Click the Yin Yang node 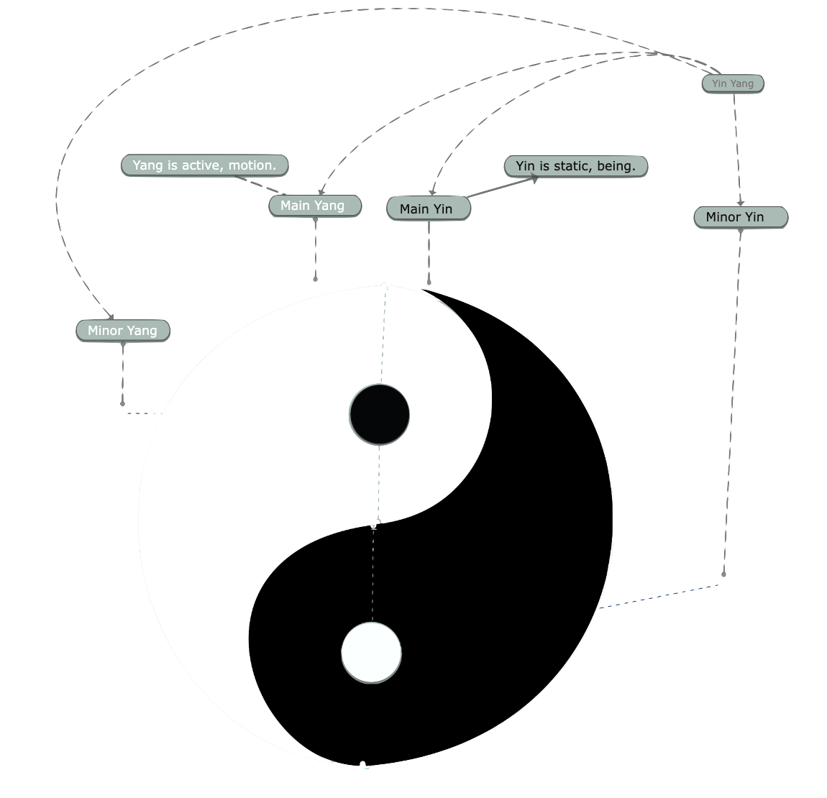tap(732, 83)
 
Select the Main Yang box tap(314, 206)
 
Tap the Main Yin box tap(428, 208)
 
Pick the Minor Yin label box tap(740, 217)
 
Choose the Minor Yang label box tap(123, 331)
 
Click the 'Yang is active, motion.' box tap(204, 165)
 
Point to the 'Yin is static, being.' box tap(575, 166)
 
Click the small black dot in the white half tap(379, 415)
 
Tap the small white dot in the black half tap(371, 653)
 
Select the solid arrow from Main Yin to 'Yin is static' tap(501, 188)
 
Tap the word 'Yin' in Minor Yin tap(754, 217)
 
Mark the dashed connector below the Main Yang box tap(315, 248)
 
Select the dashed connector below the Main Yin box tap(429, 252)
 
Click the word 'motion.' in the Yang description tap(252, 165)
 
